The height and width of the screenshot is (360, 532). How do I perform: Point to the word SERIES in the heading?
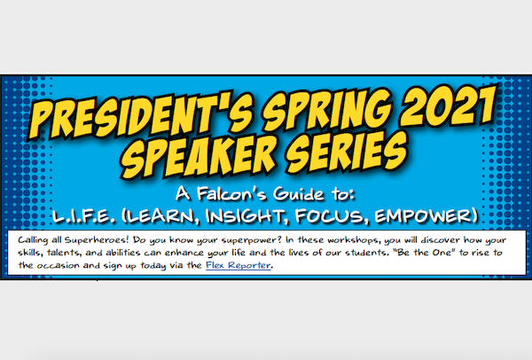(336, 150)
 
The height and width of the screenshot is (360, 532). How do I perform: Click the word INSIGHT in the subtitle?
(286, 215)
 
